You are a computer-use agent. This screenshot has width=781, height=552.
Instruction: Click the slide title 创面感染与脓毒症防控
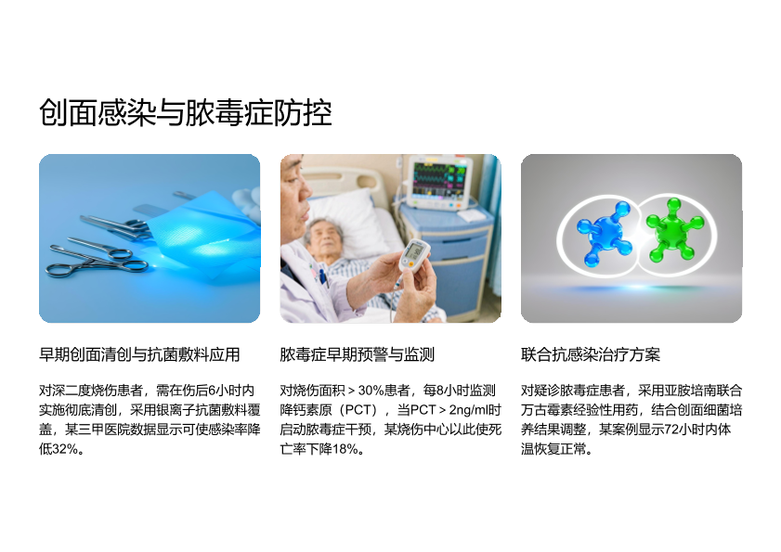pos(186,112)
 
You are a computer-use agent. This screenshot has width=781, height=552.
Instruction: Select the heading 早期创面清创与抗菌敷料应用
pos(139,354)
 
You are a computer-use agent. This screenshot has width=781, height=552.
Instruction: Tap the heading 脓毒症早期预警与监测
pos(358,354)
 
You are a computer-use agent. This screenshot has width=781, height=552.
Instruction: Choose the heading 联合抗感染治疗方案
pos(591,354)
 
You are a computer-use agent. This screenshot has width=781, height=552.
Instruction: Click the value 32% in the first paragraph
pos(65,449)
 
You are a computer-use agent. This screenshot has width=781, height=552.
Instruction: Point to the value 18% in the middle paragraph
pos(345,449)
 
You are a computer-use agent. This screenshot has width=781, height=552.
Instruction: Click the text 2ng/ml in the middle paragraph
pos(468,410)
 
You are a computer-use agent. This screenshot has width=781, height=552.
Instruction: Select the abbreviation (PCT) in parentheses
pos(360,410)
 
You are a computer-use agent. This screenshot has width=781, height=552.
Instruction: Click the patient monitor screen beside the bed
pos(441,179)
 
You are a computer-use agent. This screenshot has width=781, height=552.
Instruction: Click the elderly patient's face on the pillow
pos(323,239)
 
